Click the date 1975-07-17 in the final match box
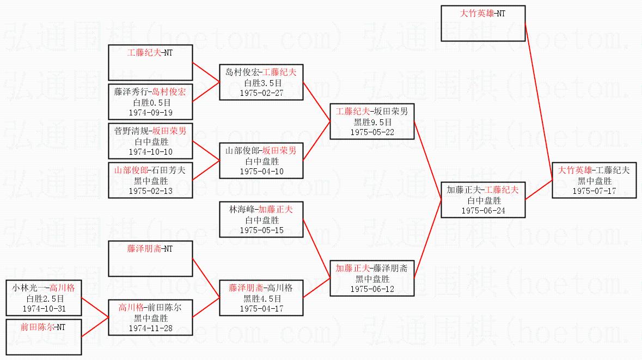[x=594, y=191]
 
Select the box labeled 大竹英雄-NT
[x=483, y=23]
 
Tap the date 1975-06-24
[x=483, y=210]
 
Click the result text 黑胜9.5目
[x=372, y=122]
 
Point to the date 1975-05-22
[x=372, y=132]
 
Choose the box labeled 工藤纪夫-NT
[x=150, y=63]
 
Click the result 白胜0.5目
[x=150, y=102]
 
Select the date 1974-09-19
[x=150, y=113]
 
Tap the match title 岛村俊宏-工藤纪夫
[x=261, y=72]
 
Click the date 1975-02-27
[x=261, y=93]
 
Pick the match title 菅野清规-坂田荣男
[x=150, y=131]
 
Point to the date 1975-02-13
[x=150, y=191]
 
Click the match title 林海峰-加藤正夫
[x=261, y=210]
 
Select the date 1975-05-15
[x=261, y=230]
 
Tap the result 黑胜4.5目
[x=261, y=298]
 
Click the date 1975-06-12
[x=372, y=289]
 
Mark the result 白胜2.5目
[x=44, y=298]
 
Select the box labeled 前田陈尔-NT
[x=44, y=337]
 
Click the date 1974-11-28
[x=150, y=328]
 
